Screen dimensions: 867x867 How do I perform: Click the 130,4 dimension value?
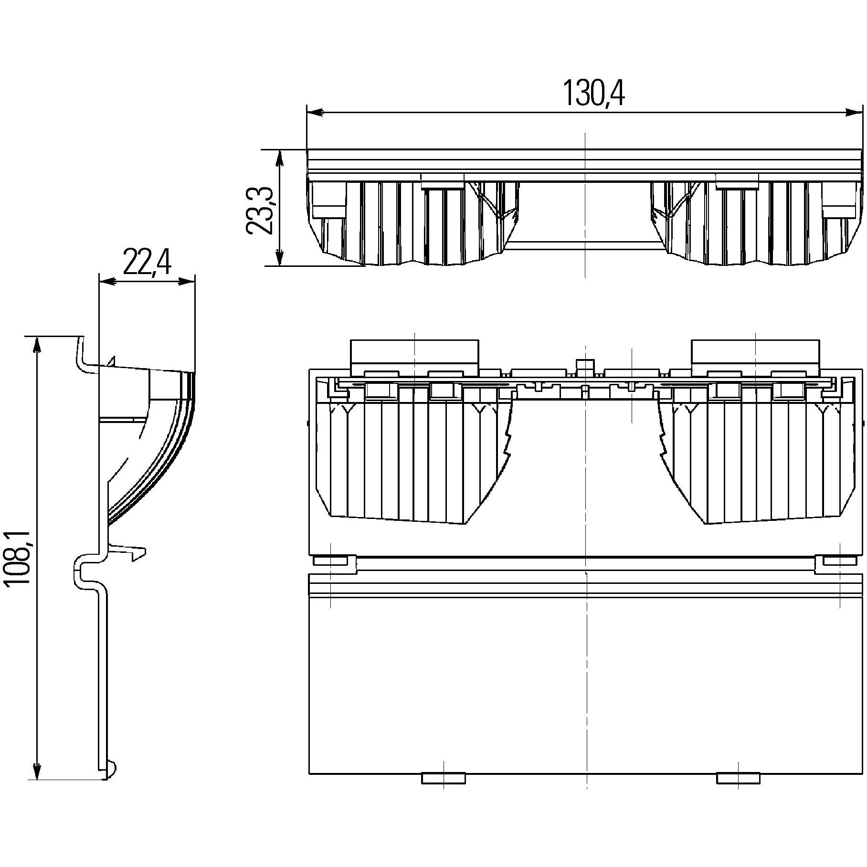pos(594,93)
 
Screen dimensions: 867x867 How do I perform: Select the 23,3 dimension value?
pos(260,211)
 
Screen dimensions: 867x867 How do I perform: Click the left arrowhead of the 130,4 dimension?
pos(314,113)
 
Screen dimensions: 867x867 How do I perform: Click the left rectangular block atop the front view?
pos(414,356)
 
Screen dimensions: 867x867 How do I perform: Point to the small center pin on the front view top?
pos(585,366)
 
